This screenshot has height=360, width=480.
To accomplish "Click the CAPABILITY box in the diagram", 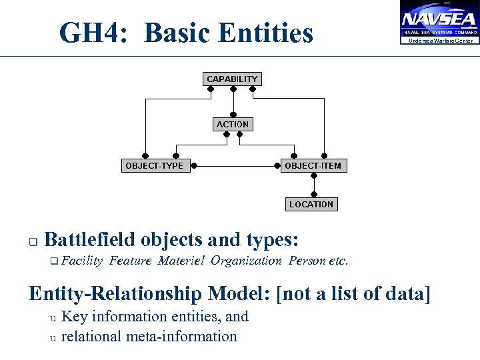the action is click(x=232, y=79).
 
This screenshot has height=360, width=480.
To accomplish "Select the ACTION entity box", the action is click(x=232, y=124).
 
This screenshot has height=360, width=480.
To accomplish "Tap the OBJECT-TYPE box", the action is click(x=154, y=165).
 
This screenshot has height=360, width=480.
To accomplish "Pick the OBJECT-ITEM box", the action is click(x=313, y=165).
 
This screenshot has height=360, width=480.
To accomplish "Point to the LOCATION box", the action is click(x=311, y=205).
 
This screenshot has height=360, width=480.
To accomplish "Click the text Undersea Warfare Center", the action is click(x=441, y=41).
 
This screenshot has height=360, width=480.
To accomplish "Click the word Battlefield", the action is click(x=91, y=239).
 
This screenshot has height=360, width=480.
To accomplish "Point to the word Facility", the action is click(x=83, y=261).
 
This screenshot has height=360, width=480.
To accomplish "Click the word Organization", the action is click(x=246, y=261).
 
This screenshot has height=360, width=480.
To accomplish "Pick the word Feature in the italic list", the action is click(x=131, y=261).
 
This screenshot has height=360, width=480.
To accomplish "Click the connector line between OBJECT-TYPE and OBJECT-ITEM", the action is click(x=232, y=165).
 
